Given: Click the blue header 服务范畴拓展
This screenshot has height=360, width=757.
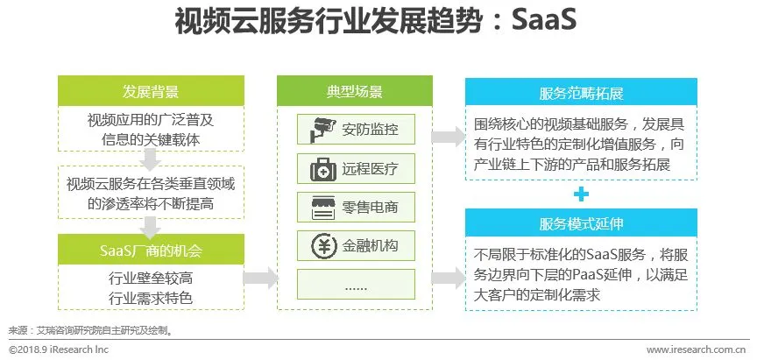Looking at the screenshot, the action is point(581,91).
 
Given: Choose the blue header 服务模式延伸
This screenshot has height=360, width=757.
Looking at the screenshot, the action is point(581,223).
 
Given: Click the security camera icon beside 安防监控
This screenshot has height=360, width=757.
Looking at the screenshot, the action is point(314,131).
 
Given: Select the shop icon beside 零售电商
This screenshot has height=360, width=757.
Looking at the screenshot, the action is point(314,207).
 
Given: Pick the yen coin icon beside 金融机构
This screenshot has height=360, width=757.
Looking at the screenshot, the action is point(314,245).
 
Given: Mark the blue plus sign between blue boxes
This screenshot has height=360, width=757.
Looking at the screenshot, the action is point(581,194).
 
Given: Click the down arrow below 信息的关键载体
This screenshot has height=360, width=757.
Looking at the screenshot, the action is point(151,158).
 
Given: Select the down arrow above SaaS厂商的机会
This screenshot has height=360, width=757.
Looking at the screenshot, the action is point(151,226).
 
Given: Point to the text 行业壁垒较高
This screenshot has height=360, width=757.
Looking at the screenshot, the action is point(149,278).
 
